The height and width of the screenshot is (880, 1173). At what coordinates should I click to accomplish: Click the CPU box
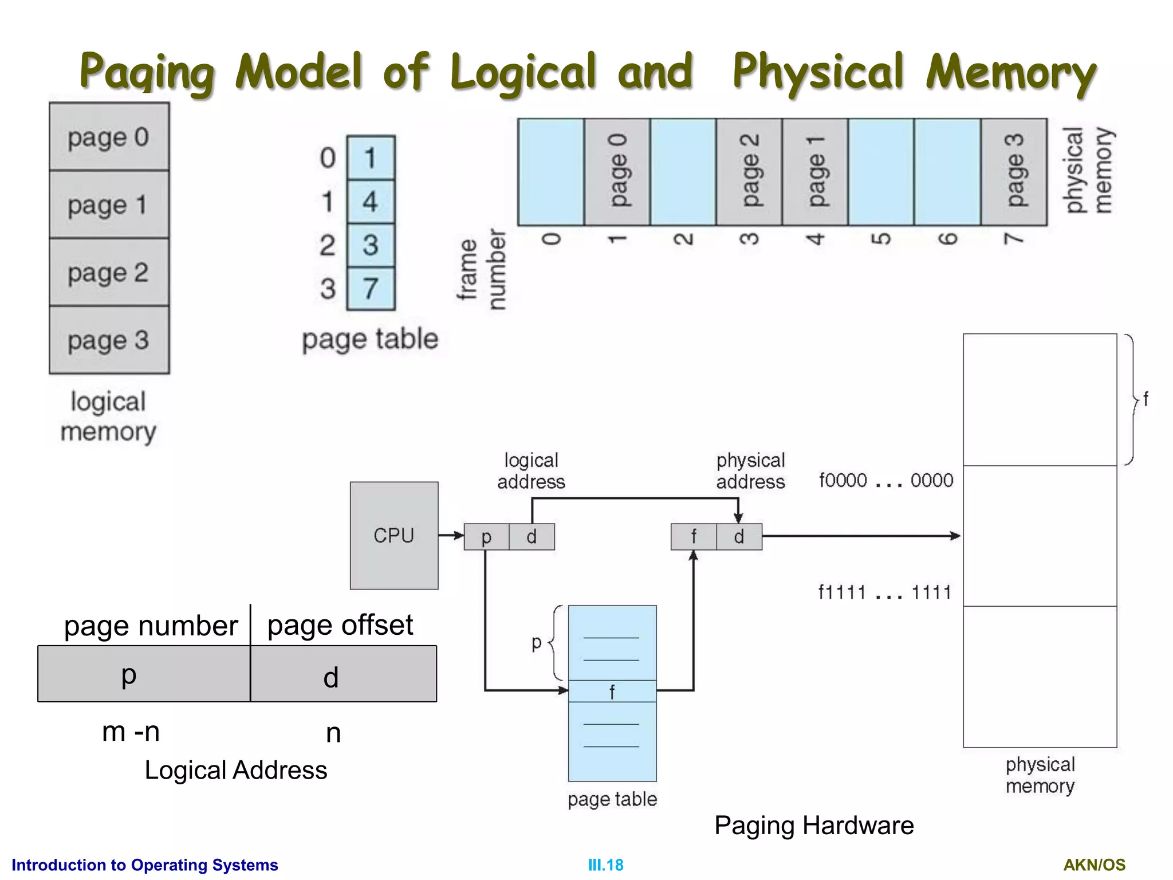394,535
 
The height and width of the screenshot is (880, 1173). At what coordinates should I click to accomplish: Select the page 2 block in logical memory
109,272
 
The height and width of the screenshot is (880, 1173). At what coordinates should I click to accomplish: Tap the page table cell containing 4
371,202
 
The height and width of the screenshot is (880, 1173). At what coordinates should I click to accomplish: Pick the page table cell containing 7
371,288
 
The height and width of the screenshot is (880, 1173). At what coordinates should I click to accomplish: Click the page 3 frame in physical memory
1014,172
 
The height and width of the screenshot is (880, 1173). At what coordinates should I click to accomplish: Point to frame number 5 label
882,238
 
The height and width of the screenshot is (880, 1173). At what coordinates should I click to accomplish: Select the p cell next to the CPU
486,537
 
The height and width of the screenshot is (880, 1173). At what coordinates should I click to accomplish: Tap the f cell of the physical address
694,537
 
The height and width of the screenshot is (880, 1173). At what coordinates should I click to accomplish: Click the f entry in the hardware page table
612,692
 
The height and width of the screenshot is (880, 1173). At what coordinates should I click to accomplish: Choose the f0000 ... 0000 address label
885,480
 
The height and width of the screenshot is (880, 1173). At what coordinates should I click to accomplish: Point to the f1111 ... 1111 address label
884,592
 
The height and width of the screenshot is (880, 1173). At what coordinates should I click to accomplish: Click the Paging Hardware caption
813,826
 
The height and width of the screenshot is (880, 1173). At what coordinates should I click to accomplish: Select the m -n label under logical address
131,732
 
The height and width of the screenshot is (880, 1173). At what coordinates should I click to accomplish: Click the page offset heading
340,624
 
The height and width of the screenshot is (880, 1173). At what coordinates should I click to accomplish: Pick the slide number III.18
605,865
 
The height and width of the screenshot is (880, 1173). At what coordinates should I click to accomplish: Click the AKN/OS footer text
1094,865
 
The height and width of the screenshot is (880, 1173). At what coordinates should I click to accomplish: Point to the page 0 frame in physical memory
617,172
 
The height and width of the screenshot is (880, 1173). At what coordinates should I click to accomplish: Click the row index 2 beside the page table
328,245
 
